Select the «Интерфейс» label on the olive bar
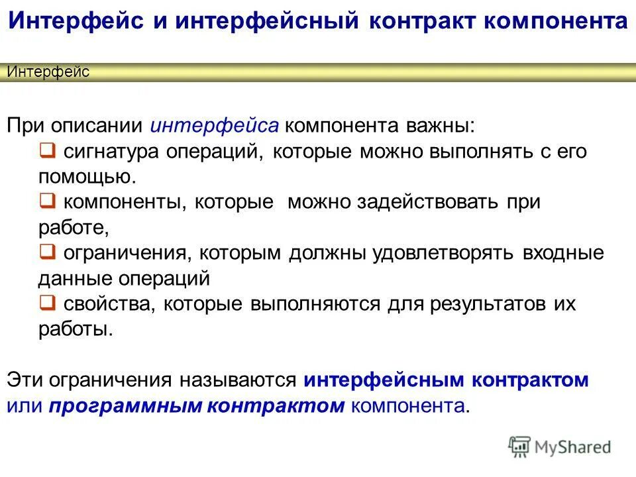pyautogui.click(x=48, y=72)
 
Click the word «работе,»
pyautogui.click(x=73, y=227)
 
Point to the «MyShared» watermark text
pyautogui.click(x=572, y=447)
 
